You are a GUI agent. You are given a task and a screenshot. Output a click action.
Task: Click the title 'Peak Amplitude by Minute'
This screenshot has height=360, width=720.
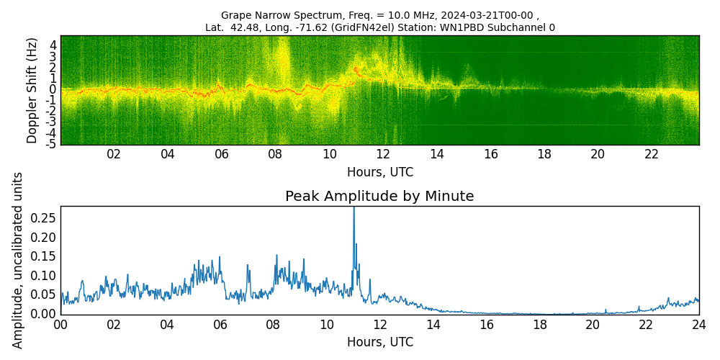click(x=379, y=197)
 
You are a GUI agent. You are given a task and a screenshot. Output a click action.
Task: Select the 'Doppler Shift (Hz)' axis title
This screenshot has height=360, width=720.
click(x=32, y=90)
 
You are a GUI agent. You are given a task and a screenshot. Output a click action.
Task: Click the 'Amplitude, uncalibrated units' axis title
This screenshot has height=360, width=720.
click(x=19, y=260)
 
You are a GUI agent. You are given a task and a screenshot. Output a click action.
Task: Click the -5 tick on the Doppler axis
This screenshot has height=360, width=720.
click(x=53, y=144)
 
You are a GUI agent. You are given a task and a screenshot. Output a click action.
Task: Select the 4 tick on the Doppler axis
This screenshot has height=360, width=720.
click(x=53, y=45)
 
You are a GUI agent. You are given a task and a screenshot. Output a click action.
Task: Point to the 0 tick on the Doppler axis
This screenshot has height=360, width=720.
click(x=53, y=89)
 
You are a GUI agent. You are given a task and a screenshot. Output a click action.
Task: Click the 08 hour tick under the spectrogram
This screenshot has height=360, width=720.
click(x=275, y=154)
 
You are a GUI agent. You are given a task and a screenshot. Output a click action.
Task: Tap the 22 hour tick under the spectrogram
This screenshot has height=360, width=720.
click(x=651, y=154)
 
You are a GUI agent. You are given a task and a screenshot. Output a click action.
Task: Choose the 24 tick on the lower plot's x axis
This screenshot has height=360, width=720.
click(x=699, y=324)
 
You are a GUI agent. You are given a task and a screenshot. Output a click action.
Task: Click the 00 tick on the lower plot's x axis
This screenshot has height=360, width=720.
click(x=60, y=324)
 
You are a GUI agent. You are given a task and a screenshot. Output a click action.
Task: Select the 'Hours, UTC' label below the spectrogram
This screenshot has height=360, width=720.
click(x=379, y=173)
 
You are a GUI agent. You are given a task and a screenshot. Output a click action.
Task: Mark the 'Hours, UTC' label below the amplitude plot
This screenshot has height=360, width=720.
click(x=379, y=342)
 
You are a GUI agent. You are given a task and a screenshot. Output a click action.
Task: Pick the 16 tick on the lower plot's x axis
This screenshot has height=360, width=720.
click(x=486, y=324)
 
